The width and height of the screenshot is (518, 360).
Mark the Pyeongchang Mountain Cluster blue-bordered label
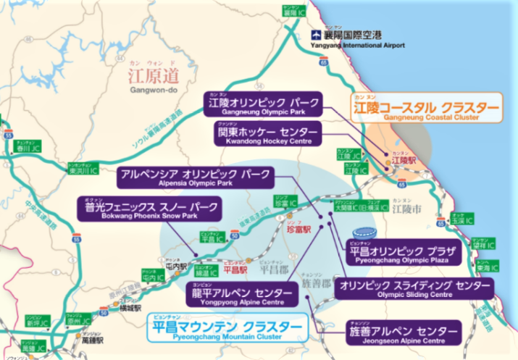tap(225, 330)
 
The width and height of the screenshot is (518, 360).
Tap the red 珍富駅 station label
tap(298, 228)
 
